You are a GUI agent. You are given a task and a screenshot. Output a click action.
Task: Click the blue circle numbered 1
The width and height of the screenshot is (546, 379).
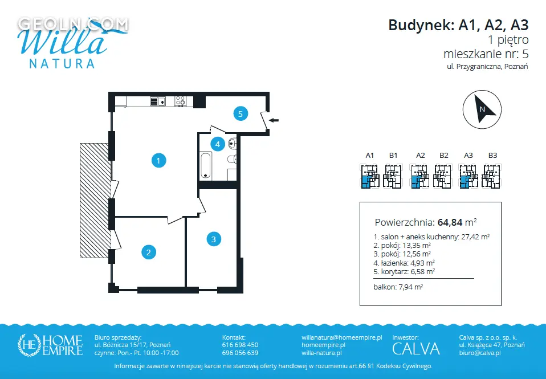[159, 161]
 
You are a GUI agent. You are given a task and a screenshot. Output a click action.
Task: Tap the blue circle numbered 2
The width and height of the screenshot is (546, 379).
[149, 252]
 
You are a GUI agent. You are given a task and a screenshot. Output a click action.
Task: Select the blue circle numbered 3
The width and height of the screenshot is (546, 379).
[214, 239]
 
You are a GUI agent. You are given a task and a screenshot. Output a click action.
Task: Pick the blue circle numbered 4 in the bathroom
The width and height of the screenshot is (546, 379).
[218, 144]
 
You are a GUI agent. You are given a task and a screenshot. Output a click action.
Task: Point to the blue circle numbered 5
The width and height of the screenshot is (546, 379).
[241, 113]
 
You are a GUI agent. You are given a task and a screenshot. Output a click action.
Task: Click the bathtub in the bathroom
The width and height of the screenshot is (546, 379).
[206, 165]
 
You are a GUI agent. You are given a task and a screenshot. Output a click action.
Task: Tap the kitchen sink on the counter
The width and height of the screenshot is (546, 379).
[158, 101]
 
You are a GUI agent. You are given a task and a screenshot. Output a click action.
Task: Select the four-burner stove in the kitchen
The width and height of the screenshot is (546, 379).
[180, 101]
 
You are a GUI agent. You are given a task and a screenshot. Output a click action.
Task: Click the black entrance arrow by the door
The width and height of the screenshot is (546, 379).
[274, 120]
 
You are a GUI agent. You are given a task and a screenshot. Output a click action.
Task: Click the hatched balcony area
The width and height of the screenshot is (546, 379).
[95, 200]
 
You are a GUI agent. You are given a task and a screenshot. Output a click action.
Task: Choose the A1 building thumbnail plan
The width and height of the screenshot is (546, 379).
[369, 176]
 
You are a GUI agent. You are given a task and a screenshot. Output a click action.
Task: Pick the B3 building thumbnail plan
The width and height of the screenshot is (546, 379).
[491, 176]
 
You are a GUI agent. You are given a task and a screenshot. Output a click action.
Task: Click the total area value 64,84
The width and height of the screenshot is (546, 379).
[450, 222]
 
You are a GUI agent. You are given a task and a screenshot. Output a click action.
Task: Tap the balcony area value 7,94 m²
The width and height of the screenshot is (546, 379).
[410, 287]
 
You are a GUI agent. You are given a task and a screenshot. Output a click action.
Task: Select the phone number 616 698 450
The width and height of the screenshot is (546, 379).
[241, 345]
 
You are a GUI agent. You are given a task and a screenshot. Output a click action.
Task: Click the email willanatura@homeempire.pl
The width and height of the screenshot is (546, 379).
[342, 337]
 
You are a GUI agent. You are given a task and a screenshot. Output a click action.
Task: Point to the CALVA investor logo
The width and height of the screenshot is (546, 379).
[416, 349]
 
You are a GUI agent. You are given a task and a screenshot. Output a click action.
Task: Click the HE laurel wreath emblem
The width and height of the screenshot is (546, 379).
[29, 345]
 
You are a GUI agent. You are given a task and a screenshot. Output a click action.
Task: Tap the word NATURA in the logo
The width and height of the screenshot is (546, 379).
[62, 63]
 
